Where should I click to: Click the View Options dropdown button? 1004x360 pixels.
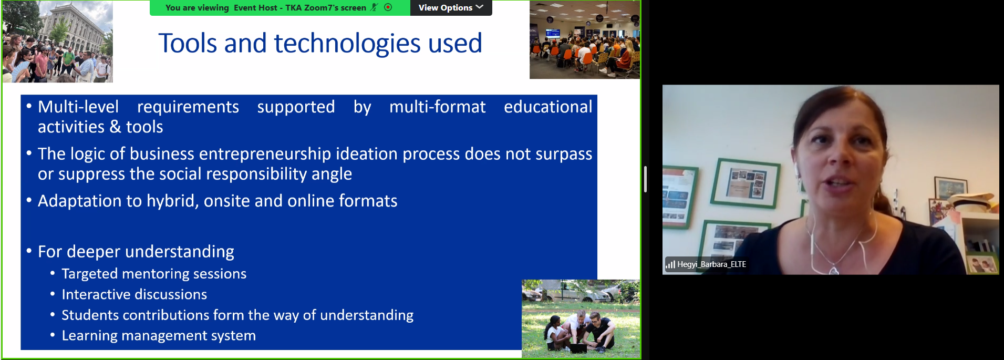451,7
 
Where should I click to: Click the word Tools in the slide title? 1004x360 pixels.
188,43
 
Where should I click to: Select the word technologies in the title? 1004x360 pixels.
347,44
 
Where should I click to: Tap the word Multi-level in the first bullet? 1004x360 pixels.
78,107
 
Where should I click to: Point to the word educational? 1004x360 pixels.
548,107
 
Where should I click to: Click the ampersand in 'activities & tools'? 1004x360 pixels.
115,127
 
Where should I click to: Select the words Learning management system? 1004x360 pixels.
159,335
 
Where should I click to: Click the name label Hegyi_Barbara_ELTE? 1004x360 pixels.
711,264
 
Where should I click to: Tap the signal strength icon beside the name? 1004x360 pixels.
670,264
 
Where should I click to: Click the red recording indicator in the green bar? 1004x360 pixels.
388,7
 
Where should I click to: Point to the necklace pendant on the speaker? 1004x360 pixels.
833,271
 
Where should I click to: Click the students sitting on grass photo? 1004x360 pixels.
581,319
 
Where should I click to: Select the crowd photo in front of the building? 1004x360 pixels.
58,42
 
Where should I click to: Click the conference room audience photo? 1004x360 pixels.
585,40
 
